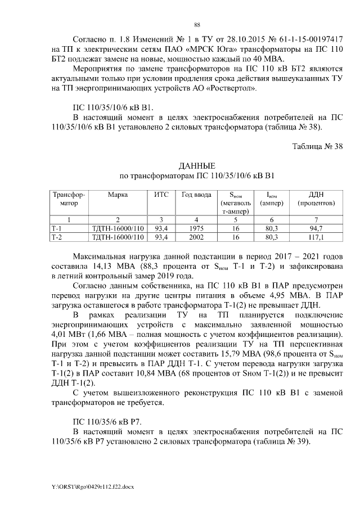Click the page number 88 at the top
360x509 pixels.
197,25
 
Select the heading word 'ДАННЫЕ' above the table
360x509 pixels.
197,166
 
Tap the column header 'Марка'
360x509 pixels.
118,195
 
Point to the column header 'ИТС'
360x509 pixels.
162,195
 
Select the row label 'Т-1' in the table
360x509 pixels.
57,228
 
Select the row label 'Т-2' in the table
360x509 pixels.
57,237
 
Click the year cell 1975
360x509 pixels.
193,228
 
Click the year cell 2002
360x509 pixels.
193,237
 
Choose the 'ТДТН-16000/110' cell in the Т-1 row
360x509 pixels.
118,228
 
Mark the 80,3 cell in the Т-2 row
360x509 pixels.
272,237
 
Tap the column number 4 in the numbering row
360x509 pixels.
193,219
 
